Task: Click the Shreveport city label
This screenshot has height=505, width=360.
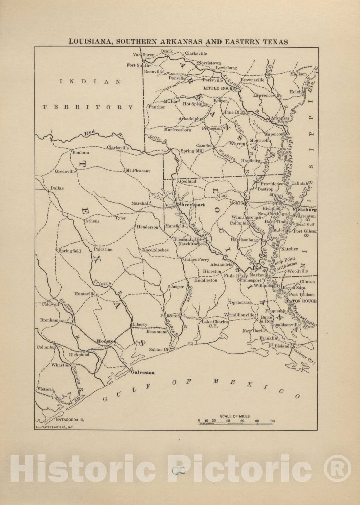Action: coord(191,205)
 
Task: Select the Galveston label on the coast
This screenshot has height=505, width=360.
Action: coord(142,372)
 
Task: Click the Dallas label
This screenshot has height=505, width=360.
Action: coord(57,188)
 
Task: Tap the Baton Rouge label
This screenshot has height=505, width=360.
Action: coord(302,301)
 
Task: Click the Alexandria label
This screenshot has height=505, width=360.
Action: coord(221,264)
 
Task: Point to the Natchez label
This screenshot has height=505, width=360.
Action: coord(289,249)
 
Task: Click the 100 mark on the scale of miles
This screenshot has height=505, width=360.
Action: coord(272,421)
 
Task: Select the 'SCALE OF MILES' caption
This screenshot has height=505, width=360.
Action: coord(235,416)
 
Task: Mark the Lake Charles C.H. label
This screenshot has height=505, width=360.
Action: coord(215,324)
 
